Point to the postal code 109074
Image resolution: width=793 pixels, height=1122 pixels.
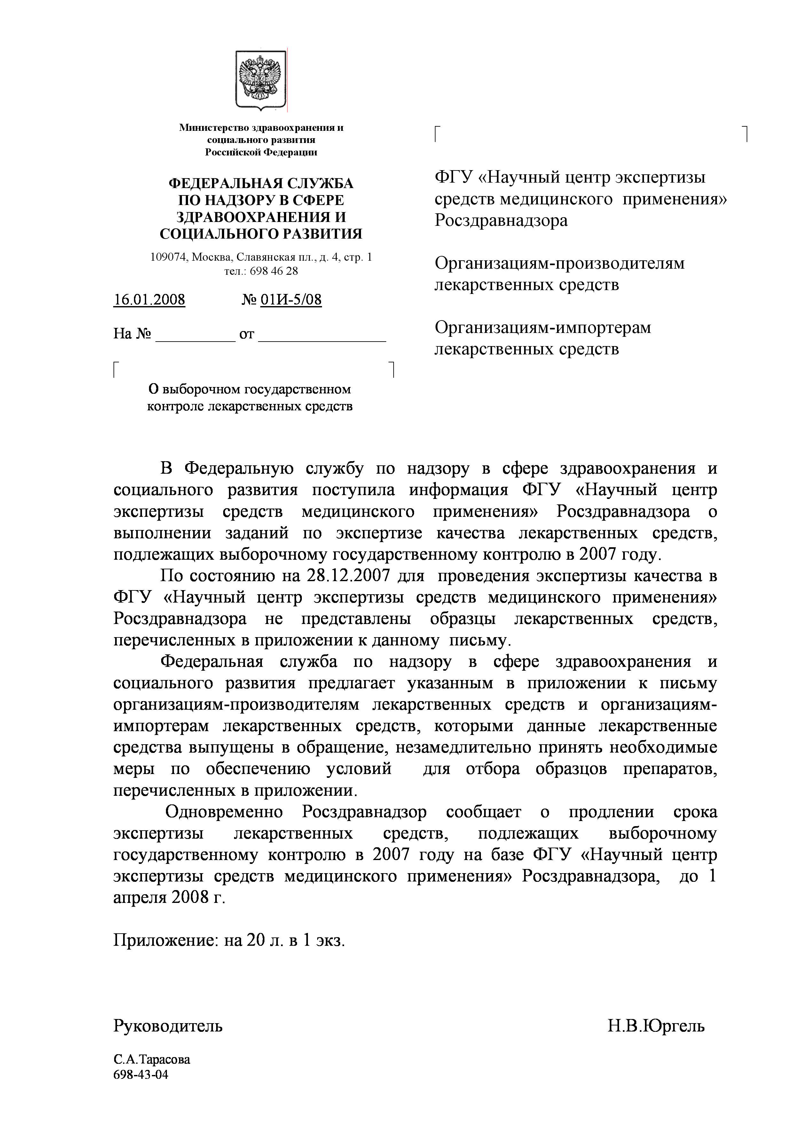(x=169, y=257)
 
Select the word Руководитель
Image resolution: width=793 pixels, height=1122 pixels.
(x=168, y=1026)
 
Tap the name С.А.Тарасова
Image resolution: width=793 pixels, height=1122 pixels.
(x=152, y=1059)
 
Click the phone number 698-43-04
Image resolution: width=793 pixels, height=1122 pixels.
(x=141, y=1074)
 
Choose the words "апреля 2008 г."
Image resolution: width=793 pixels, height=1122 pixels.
(x=169, y=898)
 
